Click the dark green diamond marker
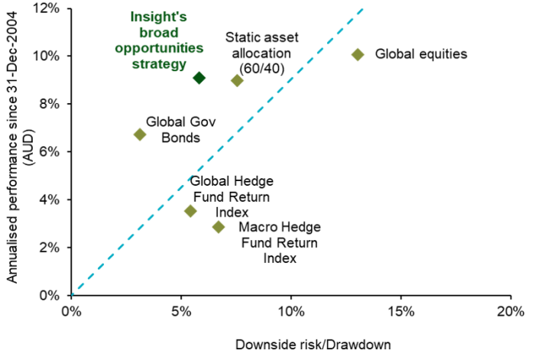pyautogui.click(x=199, y=77)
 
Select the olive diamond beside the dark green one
pyautogui.click(x=237, y=80)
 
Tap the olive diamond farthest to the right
pyautogui.click(x=357, y=54)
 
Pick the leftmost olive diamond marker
pyautogui.click(x=139, y=135)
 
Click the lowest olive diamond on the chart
pyautogui.click(x=219, y=227)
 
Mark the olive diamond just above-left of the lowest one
pyautogui.click(x=190, y=211)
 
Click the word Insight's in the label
pyautogui.click(x=159, y=17)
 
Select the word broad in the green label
pyautogui.click(x=159, y=33)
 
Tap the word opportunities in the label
pyautogui.click(x=159, y=48)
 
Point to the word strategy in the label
pyautogui.click(x=159, y=64)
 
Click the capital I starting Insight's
pyautogui.click(x=132, y=17)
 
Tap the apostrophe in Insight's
pyautogui.click(x=177, y=14)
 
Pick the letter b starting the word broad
pyautogui.click(x=143, y=33)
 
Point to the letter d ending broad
pyautogui.click(x=174, y=33)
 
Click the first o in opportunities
pyautogui.click(x=119, y=49)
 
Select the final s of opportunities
pyautogui.click(x=200, y=49)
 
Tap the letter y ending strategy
pyautogui.click(x=183, y=66)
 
